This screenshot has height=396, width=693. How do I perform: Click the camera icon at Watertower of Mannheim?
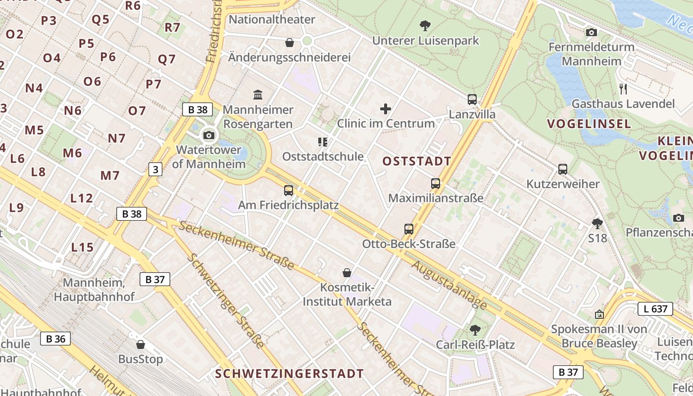tap(209, 135)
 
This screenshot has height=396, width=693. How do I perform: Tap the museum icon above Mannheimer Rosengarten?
tap(258, 95)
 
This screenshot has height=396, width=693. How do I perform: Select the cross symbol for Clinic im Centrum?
tap(386, 109)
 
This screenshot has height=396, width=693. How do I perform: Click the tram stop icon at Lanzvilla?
tap(472, 99)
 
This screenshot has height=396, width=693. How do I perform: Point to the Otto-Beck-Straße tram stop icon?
tap(409, 229)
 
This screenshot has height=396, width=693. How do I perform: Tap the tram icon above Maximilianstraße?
tap(436, 184)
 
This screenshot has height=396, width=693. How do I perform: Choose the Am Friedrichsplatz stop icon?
tap(289, 190)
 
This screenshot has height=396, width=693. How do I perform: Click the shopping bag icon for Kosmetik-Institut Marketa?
tap(347, 273)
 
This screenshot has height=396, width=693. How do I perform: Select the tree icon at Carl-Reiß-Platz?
tap(475, 330)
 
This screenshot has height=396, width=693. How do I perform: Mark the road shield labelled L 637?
tap(655, 309)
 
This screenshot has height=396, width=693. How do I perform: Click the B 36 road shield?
tap(55, 339)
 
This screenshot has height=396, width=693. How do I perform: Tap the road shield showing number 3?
tap(155, 169)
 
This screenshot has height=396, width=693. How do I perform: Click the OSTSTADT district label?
tap(417, 161)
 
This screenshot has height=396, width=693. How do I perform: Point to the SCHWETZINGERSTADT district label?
tap(290, 374)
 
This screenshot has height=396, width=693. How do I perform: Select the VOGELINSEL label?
tap(589, 124)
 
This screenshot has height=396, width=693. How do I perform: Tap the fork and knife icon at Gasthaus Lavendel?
tap(623, 89)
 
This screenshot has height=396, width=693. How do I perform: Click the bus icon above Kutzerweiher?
tap(563, 169)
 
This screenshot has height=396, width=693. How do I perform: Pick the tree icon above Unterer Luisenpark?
tap(425, 26)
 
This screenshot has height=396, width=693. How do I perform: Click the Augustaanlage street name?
tap(448, 285)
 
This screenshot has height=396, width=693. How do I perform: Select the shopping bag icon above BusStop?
tap(141, 345)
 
